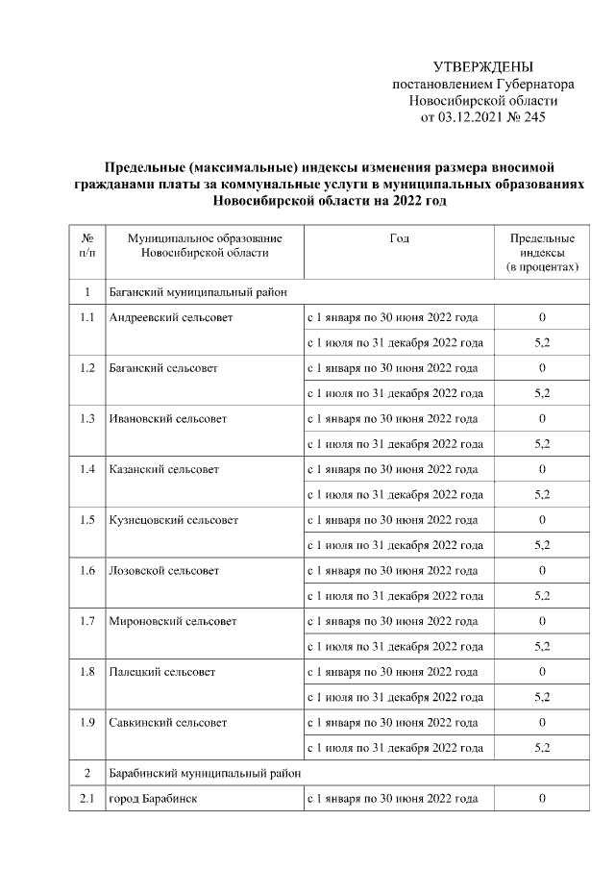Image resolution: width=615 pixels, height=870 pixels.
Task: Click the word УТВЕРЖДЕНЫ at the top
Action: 482,66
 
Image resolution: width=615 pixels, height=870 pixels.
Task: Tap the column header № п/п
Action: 87,244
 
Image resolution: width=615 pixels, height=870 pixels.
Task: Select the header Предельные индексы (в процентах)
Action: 542,252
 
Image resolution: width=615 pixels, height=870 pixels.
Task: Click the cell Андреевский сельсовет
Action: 170,317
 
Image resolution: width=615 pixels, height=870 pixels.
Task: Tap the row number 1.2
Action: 87,367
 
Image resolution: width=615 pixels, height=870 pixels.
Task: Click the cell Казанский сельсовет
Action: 164,469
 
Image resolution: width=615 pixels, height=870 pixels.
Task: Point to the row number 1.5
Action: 87,519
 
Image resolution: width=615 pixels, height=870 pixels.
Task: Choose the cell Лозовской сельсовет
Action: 164,570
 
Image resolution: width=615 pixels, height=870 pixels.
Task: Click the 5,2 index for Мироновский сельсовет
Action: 542,646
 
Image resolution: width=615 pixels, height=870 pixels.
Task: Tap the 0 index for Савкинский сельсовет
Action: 542,722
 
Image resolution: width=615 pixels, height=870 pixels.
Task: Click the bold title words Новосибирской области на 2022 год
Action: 331,201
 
